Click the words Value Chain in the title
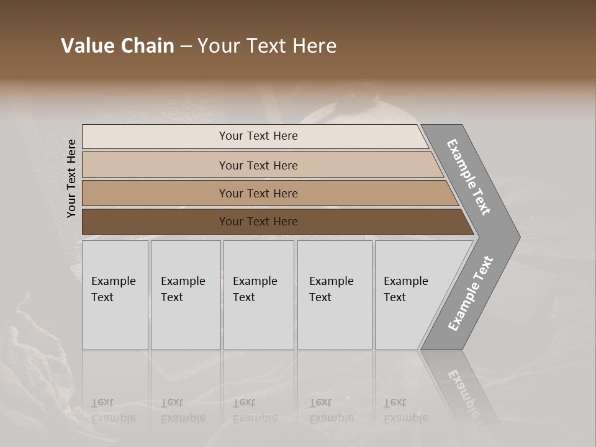117,46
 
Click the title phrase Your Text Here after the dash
267,46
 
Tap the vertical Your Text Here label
71,179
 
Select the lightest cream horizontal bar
155,137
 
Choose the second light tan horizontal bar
155,165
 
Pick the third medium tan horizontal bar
155,194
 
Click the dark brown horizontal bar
155,222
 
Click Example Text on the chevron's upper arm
469,177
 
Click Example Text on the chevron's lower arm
471,293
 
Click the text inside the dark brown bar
258,222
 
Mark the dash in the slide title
186,47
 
